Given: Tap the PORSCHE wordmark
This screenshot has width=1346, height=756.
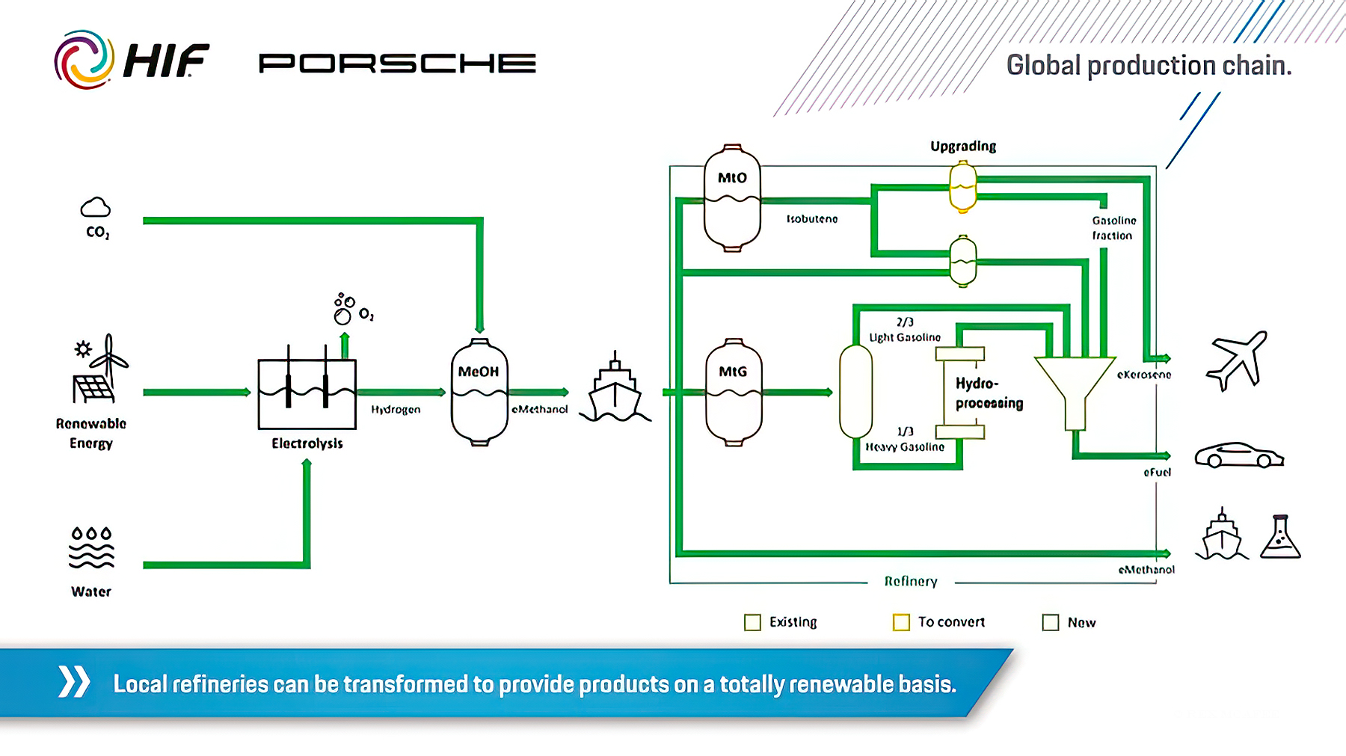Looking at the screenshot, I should pos(397,64).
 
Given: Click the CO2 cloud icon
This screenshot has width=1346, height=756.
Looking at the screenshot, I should pos(96,207).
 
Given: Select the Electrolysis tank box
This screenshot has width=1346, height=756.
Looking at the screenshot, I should pos(307,394).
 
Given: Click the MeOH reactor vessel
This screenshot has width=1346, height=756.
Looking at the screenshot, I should pos(479,392).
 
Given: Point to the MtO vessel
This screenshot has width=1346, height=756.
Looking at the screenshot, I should pos(733,198).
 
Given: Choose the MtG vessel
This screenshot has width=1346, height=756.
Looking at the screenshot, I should pos(734,392).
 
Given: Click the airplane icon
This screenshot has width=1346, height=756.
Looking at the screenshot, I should pos(1237,360).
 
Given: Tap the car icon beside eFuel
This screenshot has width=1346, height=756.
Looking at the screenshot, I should pos(1238,455).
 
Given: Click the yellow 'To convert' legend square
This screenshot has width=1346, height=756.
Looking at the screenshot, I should pos(901,622).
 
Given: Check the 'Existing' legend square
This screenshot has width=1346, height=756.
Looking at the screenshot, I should pos(752,622).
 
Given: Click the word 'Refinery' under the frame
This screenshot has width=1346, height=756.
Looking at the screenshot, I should pos(910,581).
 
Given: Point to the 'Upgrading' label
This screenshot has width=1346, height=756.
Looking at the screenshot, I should pos(963,146).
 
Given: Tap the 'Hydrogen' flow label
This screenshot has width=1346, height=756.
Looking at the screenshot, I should pos(396,410).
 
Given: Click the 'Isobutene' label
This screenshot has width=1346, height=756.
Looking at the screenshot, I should pos(811,219).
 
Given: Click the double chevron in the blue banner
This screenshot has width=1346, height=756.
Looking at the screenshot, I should pos(74,681).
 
